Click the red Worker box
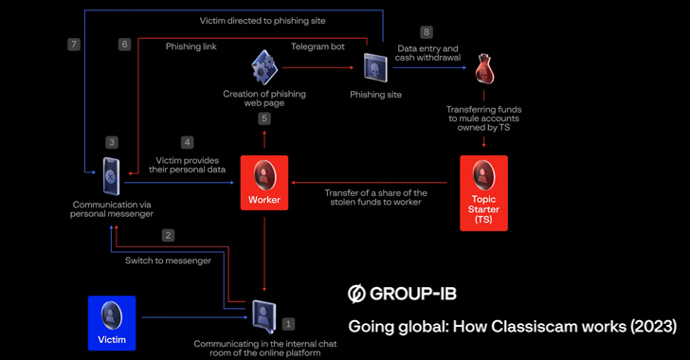click(x=264, y=183)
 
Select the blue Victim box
click(x=112, y=322)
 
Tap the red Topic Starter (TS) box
click(x=482, y=193)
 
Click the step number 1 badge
click(x=289, y=325)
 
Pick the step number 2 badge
click(x=169, y=235)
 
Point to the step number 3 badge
click(x=112, y=142)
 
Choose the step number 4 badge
click(x=187, y=142)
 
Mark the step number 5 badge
click(x=264, y=118)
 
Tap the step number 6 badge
click(x=124, y=45)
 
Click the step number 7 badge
click(x=74, y=45)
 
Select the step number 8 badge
click(x=427, y=32)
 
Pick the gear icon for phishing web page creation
click(x=264, y=67)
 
